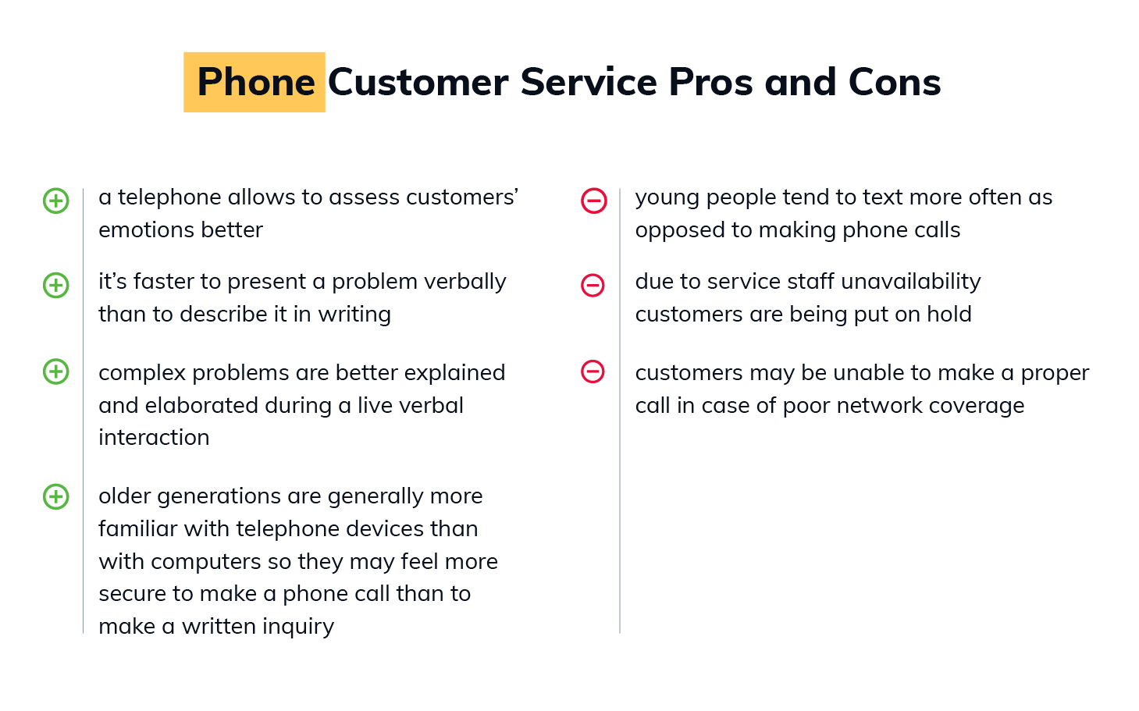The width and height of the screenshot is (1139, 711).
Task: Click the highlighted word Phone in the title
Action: pos(256,82)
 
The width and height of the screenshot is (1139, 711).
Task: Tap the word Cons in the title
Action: pos(895,82)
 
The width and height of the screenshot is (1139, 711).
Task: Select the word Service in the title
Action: pos(589,82)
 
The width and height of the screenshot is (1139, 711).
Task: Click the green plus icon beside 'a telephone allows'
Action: pos(56,201)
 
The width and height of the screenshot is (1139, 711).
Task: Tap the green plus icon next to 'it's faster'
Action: pos(56,285)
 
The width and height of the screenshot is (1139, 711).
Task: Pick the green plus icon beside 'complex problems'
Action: pos(56,371)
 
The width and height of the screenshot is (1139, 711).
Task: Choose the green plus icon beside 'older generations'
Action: pos(56,496)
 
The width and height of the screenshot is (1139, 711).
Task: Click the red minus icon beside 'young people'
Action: pos(594,201)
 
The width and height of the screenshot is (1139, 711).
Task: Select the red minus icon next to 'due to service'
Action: pos(593,285)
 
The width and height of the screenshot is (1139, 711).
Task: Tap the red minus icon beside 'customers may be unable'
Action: pos(593,371)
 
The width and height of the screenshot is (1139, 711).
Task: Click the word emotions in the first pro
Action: pos(147,230)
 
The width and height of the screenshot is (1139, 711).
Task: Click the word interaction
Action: pos(154,438)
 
